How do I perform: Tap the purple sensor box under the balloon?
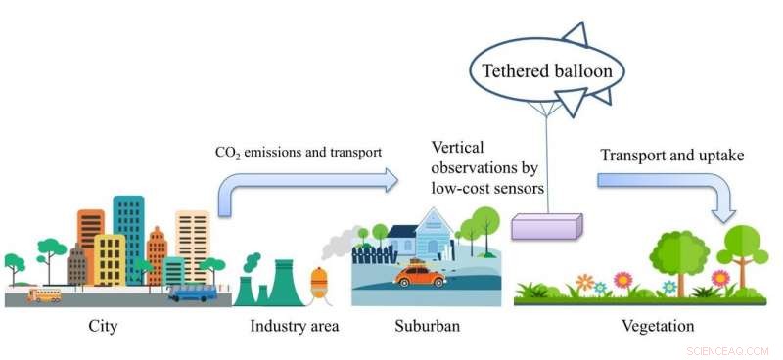(547, 226)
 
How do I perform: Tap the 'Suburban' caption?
(427, 326)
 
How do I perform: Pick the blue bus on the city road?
(192, 292)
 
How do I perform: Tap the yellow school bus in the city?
(44, 293)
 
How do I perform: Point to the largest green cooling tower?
(284, 283)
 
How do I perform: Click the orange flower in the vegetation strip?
(584, 282)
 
